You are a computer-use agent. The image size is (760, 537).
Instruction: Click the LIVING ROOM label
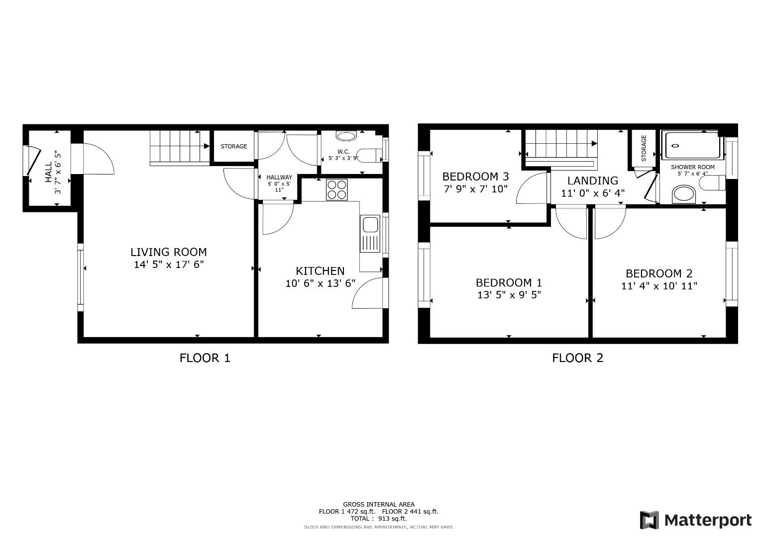pyautogui.click(x=168, y=252)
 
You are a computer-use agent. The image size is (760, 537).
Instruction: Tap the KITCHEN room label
pyautogui.click(x=320, y=271)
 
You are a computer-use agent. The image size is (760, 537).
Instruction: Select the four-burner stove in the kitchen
pyautogui.click(x=337, y=189)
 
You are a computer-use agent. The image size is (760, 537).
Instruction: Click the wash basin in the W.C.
pyautogui.click(x=346, y=136)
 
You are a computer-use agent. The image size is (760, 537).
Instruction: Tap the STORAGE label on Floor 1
pyautogui.click(x=234, y=147)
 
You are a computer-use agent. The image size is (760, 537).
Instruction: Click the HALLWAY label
pyautogui.click(x=279, y=178)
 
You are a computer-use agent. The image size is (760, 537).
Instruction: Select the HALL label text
pyautogui.click(x=48, y=172)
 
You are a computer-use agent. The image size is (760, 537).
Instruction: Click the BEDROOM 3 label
pyautogui.click(x=475, y=177)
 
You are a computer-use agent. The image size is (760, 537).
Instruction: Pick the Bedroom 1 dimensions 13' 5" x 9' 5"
pyautogui.click(x=509, y=295)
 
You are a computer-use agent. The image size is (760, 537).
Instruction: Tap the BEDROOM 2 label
pyautogui.click(x=659, y=273)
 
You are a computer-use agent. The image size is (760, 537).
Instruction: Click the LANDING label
pyautogui.click(x=593, y=181)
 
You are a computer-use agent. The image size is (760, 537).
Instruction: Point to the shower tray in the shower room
pyautogui.click(x=692, y=146)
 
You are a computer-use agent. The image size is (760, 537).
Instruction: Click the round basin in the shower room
pyautogui.click(x=683, y=194)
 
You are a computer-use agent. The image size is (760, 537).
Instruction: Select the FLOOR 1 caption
pyautogui.click(x=205, y=358)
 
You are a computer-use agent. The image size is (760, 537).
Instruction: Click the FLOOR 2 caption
pyautogui.click(x=577, y=358)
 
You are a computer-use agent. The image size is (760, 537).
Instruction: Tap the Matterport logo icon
pyautogui.click(x=650, y=520)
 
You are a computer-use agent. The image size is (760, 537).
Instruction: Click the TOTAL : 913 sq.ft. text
pyautogui.click(x=378, y=519)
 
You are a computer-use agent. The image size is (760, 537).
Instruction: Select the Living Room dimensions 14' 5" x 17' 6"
pyautogui.click(x=169, y=265)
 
